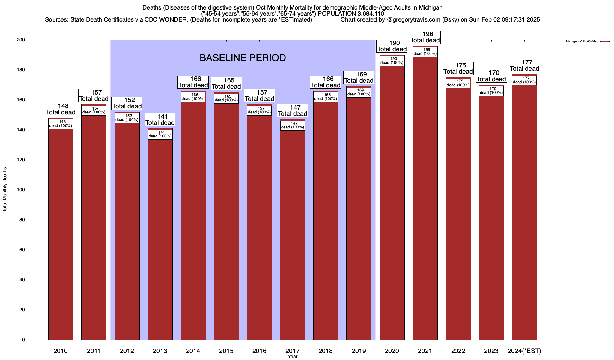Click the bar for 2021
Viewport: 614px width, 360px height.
[425, 198]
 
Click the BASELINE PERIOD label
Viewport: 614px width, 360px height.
[243, 58]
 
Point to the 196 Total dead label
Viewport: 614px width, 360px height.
[425, 37]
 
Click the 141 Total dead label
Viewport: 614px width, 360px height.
[160, 120]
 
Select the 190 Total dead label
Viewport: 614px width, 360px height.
[392, 46]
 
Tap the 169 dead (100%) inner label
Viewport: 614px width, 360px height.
[359, 92]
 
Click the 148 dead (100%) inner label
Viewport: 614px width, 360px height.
[61, 124]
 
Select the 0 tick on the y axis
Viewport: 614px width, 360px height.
[23, 340]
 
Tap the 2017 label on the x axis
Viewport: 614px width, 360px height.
[292, 351]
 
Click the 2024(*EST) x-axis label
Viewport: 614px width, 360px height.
[524, 351]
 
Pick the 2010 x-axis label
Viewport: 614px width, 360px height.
[61, 351]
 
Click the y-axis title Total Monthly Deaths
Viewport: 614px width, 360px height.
[5, 190]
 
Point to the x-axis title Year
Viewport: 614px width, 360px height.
[292, 357]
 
